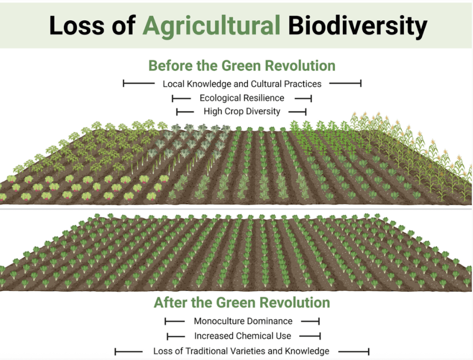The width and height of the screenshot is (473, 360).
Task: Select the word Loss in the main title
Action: coord(77,25)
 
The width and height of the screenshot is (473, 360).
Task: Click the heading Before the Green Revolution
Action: coord(242,66)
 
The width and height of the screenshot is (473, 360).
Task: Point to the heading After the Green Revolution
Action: coord(242,302)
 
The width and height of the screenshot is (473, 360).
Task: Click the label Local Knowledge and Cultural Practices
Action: coord(242,84)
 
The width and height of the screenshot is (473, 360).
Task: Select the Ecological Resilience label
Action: coord(242,98)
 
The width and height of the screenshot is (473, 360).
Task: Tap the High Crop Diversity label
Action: coord(242,111)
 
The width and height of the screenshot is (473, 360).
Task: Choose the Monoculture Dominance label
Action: coord(243,321)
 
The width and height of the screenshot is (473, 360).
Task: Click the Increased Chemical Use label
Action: coord(243,336)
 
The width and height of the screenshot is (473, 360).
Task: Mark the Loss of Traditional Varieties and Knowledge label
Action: coord(241,351)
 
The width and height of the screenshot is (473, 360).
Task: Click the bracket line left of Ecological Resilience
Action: coord(181,98)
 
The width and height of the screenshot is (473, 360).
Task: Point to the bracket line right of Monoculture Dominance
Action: coord(310,321)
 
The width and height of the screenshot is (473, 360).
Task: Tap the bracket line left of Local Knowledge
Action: coord(139,83)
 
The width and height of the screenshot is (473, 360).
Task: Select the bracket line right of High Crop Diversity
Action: coord(297,112)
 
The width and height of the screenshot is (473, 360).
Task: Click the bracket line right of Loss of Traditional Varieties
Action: coord(354,351)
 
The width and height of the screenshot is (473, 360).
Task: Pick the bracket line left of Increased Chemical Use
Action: coord(176,336)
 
